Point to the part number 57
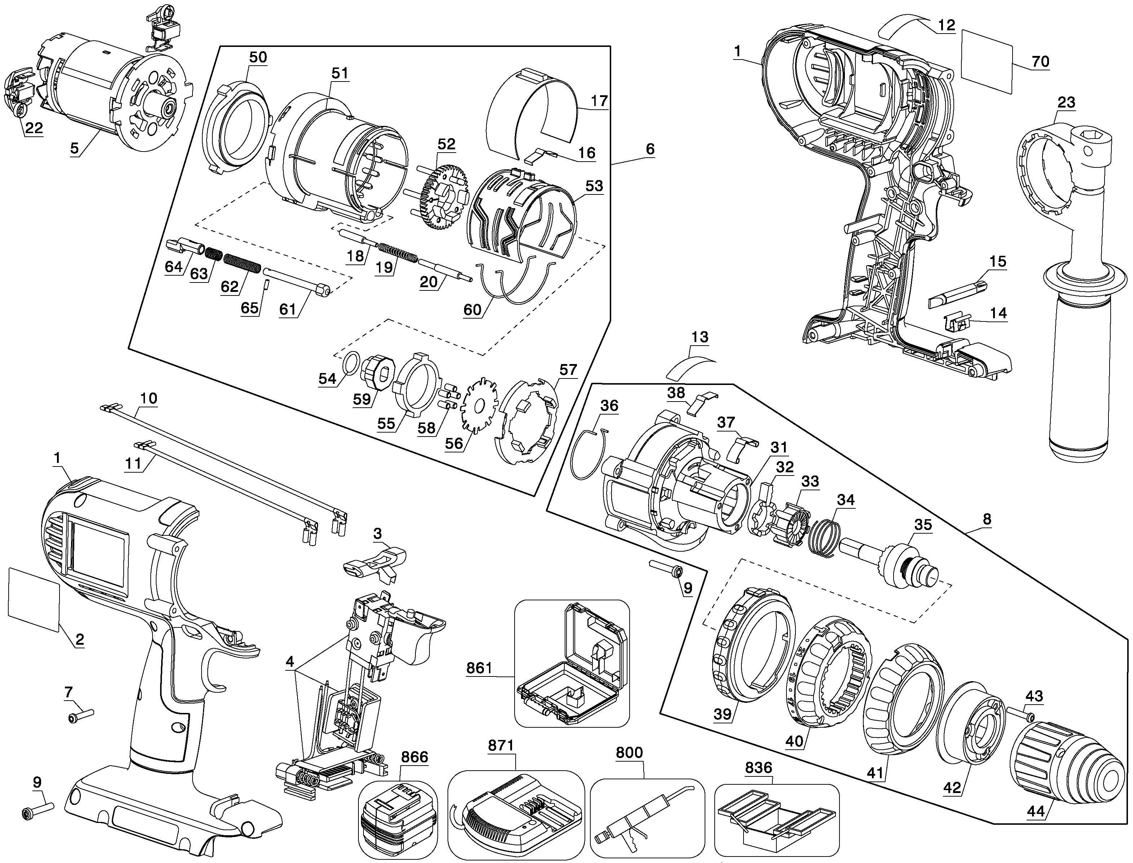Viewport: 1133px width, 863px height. (x=568, y=370)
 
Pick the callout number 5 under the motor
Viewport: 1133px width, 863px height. (x=74, y=149)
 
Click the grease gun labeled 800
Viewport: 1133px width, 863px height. (x=646, y=820)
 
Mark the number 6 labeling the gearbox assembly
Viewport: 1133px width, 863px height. (x=650, y=149)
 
